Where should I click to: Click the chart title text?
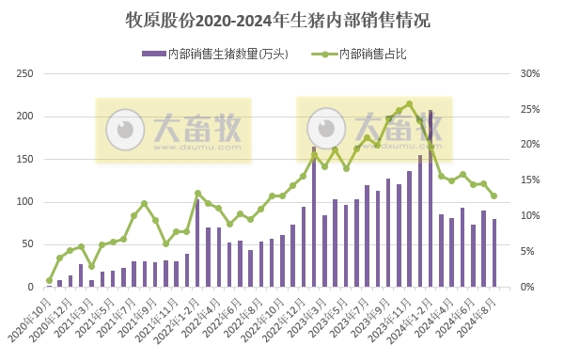click(x=281, y=19)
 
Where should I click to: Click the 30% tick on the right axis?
click(x=529, y=74)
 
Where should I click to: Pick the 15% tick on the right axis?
click(x=529, y=180)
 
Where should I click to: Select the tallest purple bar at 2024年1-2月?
click(x=431, y=198)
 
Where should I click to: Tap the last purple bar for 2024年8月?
click(x=493, y=253)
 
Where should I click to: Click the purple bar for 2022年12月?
click(x=314, y=217)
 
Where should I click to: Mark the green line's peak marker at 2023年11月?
click(x=409, y=104)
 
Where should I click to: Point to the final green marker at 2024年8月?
click(x=493, y=196)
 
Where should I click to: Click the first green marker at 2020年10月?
click(x=49, y=280)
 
